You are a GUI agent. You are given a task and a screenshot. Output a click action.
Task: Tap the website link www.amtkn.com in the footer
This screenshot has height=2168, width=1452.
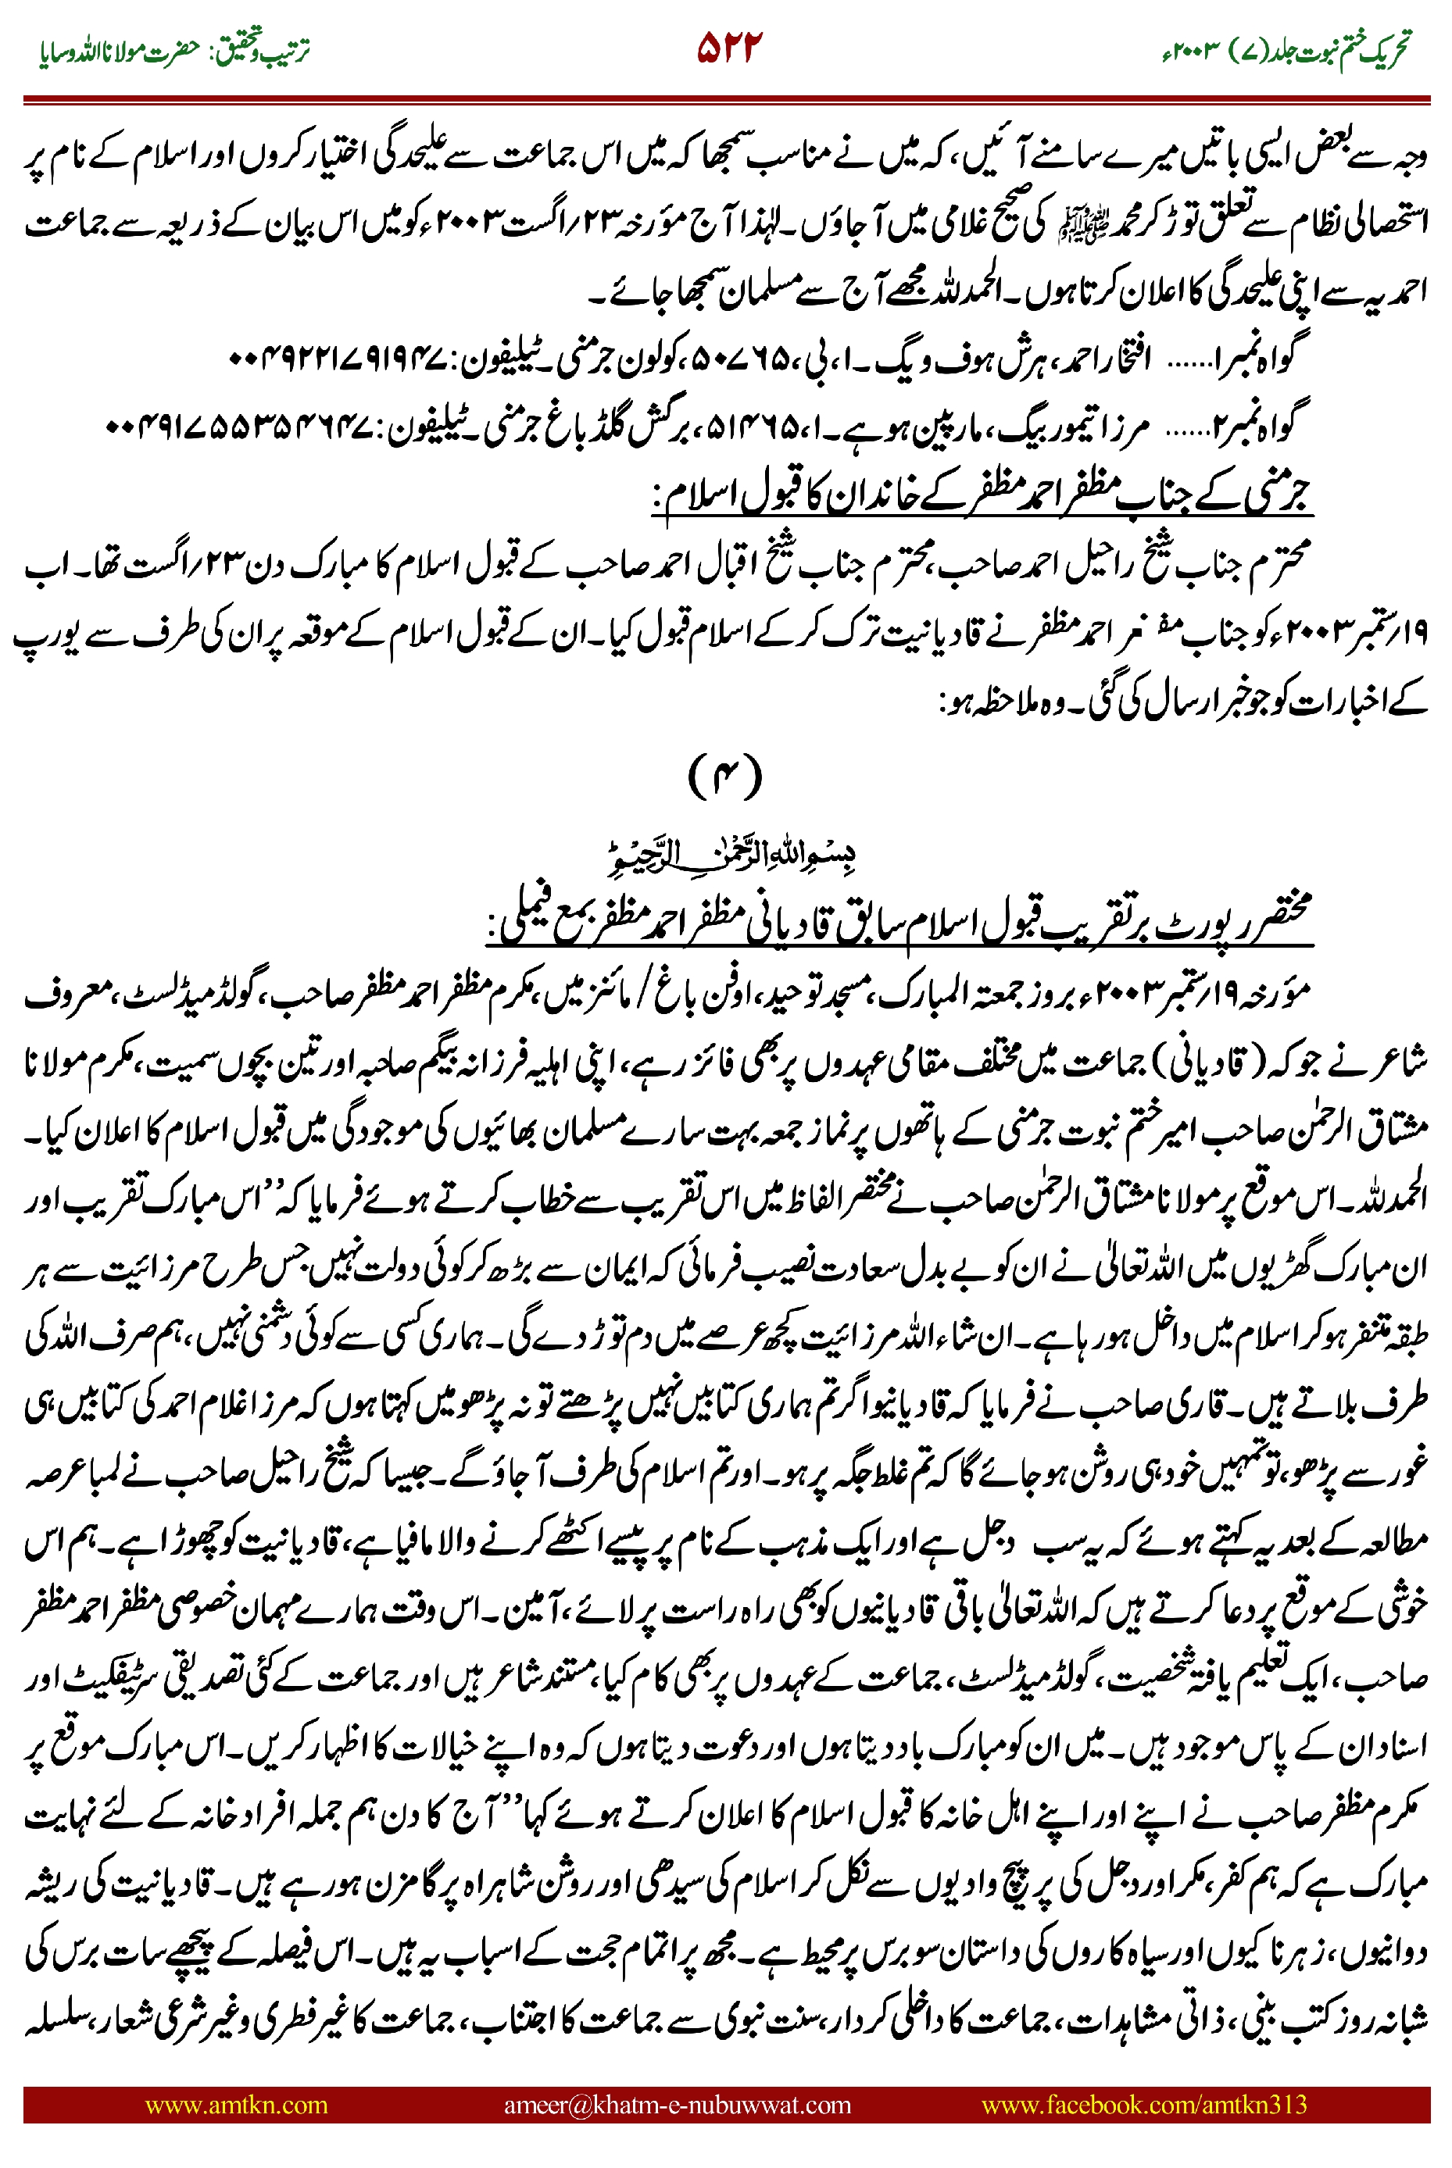click(236, 2104)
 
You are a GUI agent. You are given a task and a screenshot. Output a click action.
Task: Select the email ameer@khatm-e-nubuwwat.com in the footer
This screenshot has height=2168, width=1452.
click(677, 2104)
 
